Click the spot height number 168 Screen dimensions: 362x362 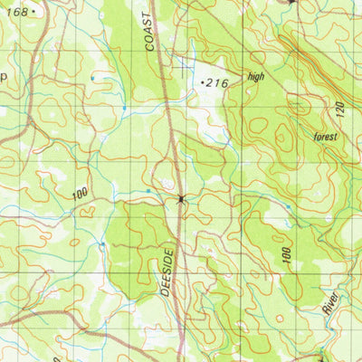[16, 12]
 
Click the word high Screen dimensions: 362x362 [256, 77]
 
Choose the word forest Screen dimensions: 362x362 [325, 137]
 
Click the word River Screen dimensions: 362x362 [330, 302]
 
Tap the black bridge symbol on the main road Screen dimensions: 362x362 [182, 198]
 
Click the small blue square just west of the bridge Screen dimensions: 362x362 [148, 192]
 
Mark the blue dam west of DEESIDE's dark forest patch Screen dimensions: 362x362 [102, 244]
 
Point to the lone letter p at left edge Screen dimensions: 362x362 [4, 77]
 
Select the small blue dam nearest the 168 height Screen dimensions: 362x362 [92, 79]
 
